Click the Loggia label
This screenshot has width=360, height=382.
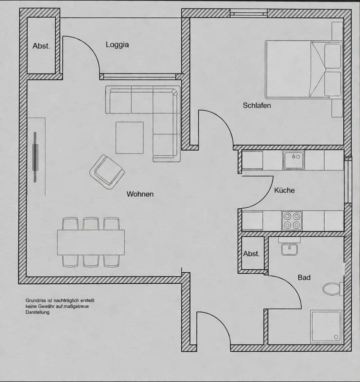click(117, 45)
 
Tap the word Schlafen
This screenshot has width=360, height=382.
click(257, 105)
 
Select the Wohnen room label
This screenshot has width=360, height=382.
click(140, 194)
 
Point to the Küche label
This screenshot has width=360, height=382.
click(284, 190)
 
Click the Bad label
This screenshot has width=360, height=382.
click(304, 278)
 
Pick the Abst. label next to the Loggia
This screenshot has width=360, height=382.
click(41, 46)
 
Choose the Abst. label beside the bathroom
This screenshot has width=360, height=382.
click(251, 254)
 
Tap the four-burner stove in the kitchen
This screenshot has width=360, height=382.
click(292, 221)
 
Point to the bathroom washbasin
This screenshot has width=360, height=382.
click(289, 248)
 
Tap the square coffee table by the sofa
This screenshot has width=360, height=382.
click(130, 138)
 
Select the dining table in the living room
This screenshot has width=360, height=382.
click(91, 242)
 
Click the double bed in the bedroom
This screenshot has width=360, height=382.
click(303, 69)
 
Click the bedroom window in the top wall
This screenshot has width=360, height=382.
click(248, 13)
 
